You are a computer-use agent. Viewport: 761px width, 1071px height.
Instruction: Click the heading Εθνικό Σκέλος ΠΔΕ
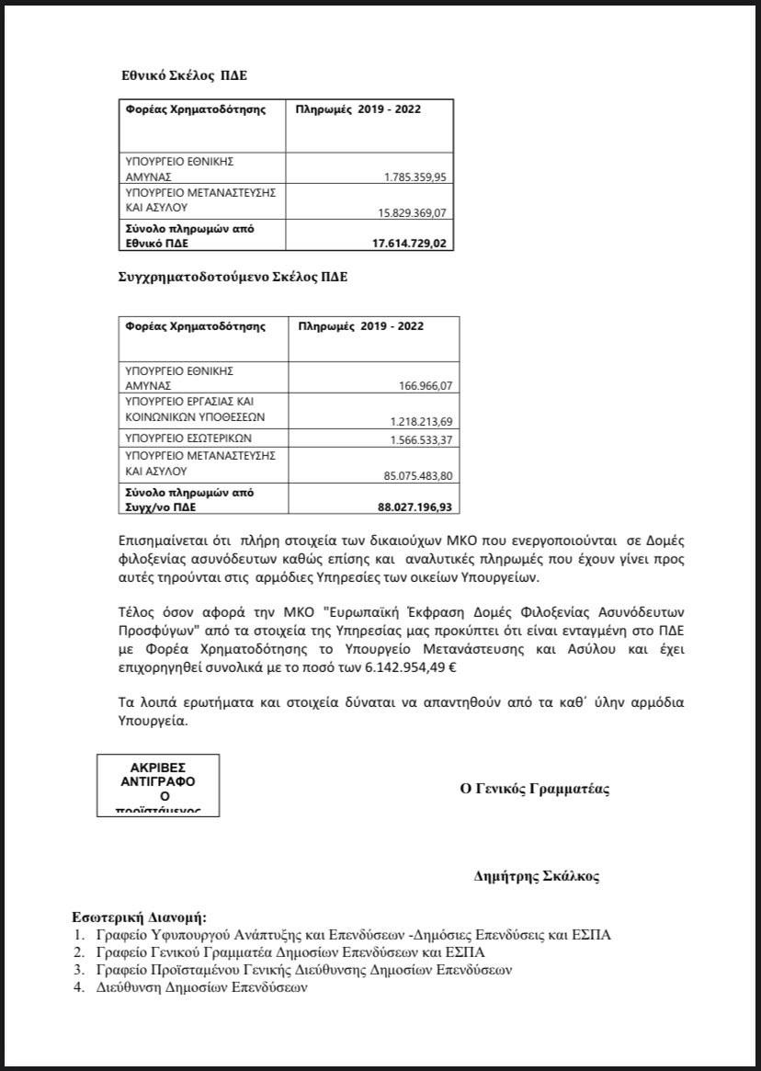point(184,75)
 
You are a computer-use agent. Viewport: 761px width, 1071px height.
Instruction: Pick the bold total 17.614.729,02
point(404,244)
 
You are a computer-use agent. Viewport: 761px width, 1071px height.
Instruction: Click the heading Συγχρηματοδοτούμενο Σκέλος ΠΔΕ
point(233,275)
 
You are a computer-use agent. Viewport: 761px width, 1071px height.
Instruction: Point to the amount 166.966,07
point(419,386)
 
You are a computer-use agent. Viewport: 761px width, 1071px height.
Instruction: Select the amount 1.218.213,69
point(412,421)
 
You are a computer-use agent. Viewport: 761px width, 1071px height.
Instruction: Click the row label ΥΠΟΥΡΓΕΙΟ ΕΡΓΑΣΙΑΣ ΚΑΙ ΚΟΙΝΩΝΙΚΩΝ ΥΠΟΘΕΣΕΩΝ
point(187,408)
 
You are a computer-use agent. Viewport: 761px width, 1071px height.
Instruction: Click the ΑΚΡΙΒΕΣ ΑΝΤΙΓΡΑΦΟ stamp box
point(158,785)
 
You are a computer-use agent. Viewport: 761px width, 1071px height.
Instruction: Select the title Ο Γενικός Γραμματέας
point(535,789)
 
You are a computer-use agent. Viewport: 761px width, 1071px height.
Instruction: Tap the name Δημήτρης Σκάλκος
point(536,876)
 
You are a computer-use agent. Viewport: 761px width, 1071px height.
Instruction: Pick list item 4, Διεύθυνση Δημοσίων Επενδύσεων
point(201,988)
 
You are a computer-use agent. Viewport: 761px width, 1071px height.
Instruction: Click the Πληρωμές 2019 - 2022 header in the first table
point(359,109)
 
